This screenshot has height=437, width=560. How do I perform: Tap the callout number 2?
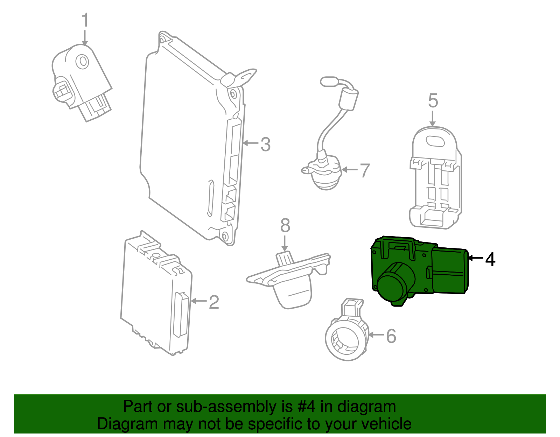click(x=214, y=302)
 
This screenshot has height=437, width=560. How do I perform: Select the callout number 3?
click(x=266, y=144)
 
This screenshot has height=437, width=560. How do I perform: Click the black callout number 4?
click(x=490, y=259)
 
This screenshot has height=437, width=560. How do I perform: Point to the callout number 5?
click(x=433, y=101)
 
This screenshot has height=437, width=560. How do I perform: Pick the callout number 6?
click(x=391, y=336)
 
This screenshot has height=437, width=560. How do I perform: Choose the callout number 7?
click(x=365, y=170)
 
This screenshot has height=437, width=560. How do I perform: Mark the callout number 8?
click(x=285, y=226)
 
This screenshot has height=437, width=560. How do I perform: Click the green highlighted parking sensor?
click(x=420, y=269)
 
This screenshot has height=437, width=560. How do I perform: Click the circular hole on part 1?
click(x=83, y=62)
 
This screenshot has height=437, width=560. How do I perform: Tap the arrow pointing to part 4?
click(x=476, y=258)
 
